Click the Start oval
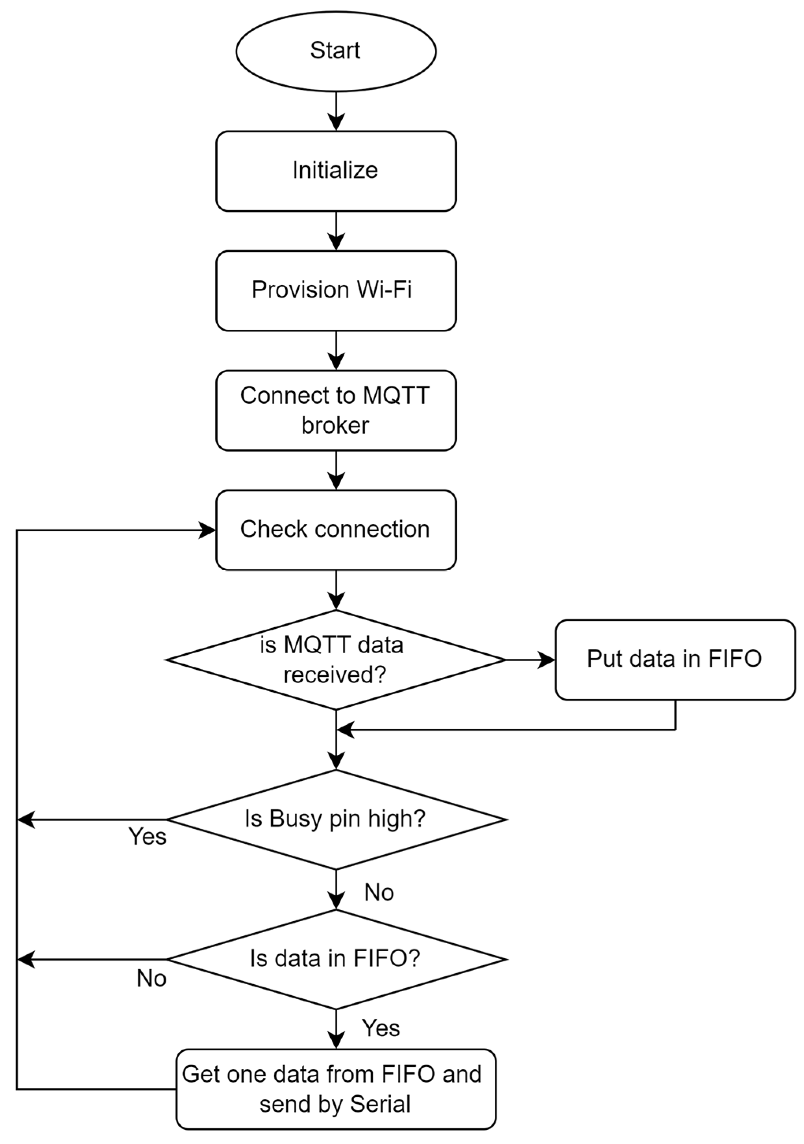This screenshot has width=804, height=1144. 336,51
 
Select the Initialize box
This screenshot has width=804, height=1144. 336,171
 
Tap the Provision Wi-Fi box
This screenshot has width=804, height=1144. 336,290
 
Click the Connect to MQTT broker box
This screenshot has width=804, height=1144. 336,410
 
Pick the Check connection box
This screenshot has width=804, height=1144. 336,530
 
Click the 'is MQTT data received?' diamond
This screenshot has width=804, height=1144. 336,660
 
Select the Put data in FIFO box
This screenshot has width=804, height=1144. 675,660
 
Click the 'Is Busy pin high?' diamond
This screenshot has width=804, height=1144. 336,819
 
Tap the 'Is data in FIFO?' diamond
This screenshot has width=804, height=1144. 336,959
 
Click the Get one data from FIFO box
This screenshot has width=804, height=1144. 336,1089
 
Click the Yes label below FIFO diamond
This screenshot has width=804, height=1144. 381,1028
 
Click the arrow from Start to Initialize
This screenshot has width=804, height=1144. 336,112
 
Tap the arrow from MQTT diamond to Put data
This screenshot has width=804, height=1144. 530,660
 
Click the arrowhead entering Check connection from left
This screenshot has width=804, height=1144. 206,530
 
